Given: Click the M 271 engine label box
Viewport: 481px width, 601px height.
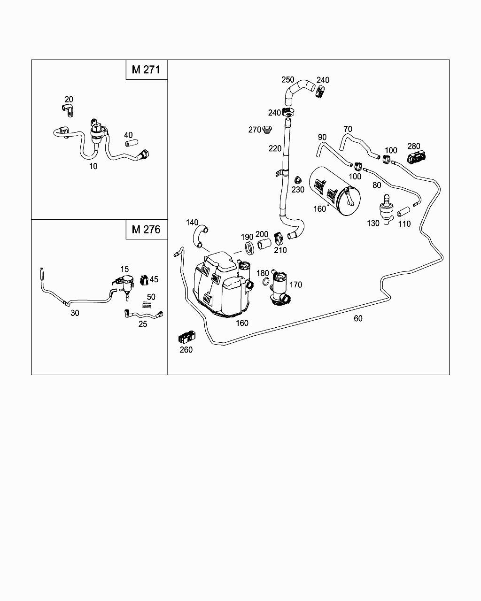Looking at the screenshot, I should click(x=147, y=69).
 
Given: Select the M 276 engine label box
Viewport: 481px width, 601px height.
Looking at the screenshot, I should click(x=147, y=229).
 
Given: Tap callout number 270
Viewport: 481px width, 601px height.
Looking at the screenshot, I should click(x=254, y=130).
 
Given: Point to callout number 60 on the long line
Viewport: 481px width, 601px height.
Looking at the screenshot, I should click(x=358, y=318).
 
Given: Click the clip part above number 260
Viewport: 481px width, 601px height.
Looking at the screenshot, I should click(x=186, y=337).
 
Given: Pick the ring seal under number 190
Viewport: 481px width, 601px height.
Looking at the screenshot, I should click(x=248, y=248).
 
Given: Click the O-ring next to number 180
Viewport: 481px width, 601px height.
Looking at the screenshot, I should click(x=266, y=282).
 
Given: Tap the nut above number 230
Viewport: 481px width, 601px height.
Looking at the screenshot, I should click(x=297, y=180).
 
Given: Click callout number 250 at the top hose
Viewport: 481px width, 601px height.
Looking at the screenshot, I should click(x=287, y=80).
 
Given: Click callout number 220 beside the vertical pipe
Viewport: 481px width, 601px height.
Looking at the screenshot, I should click(x=275, y=149).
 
